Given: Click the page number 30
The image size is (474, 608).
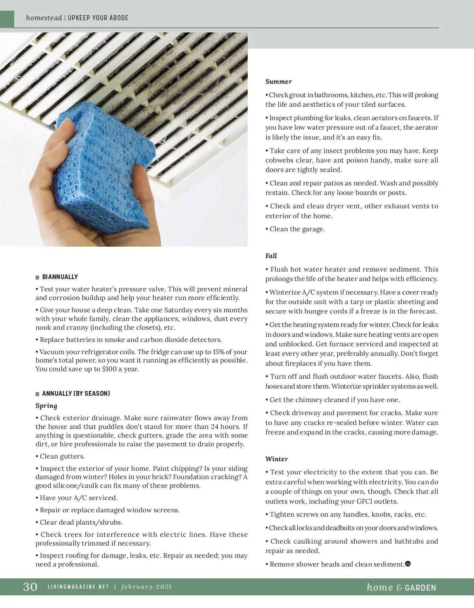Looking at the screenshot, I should click(x=30, y=586).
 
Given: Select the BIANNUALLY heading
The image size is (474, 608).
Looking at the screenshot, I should click(x=60, y=277).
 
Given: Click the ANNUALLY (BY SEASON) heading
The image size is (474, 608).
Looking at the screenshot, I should click(x=76, y=393).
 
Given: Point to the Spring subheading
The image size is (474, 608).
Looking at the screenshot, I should click(x=46, y=406).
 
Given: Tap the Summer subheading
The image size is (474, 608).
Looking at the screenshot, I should click(x=278, y=81).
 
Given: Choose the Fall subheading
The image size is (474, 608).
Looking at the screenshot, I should click(x=271, y=256).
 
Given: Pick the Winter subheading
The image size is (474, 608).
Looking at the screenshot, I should click(x=276, y=459).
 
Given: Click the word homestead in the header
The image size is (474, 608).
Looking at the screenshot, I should click(x=44, y=18).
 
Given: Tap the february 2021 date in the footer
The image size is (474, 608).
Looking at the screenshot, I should click(x=147, y=587).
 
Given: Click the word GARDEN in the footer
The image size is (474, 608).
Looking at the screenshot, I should click(x=421, y=587).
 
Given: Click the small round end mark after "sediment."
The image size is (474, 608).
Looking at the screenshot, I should click(x=408, y=564).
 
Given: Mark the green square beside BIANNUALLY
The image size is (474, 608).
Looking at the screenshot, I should click(x=38, y=277).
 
